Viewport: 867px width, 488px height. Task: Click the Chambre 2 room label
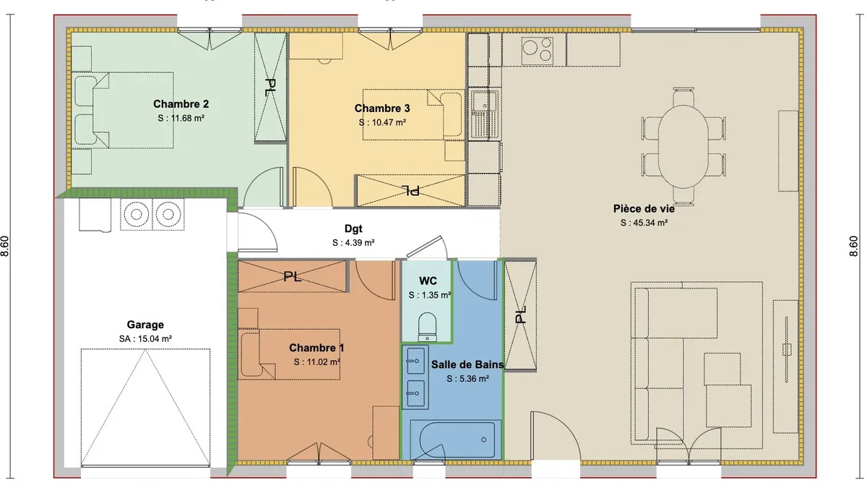[x=181, y=104]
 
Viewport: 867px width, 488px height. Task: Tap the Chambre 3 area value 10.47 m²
[x=389, y=123]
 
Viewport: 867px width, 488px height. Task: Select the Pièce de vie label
[x=644, y=209]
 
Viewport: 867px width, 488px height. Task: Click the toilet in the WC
[x=427, y=327]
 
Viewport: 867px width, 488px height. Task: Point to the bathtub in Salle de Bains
[x=453, y=440]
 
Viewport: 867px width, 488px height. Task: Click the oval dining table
[x=683, y=146]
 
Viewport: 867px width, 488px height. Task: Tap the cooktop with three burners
[x=537, y=51]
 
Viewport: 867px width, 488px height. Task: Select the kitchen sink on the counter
[x=484, y=114]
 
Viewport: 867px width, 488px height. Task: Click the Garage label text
[x=145, y=325]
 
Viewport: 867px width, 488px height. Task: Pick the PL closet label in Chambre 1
[x=292, y=276]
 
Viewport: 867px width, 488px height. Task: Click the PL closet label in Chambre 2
[x=270, y=87]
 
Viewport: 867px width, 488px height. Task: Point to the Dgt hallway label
[x=353, y=229]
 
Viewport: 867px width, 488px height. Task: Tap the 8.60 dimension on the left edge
[x=4, y=246]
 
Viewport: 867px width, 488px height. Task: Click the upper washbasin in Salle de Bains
[x=415, y=361]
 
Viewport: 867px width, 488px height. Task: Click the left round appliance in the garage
[x=137, y=214]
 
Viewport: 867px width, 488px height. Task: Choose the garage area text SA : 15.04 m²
[x=145, y=339]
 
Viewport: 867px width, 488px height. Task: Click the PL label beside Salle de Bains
[x=520, y=315]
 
